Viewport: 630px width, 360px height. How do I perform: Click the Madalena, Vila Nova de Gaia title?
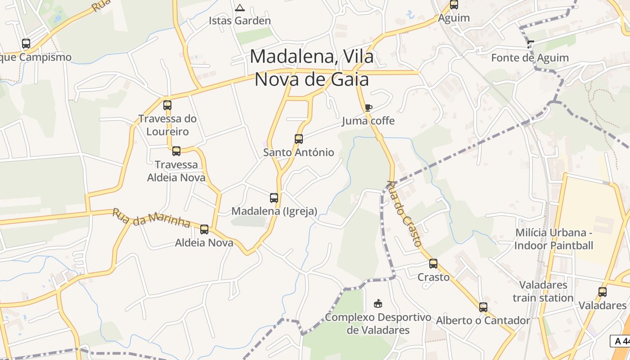tap(311, 67)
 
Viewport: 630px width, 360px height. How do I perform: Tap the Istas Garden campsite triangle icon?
tap(240, 8)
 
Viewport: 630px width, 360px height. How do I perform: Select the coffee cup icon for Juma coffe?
tap(368, 108)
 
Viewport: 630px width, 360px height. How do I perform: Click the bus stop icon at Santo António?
tap(299, 139)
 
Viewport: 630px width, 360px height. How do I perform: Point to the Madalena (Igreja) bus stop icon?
tap(274, 198)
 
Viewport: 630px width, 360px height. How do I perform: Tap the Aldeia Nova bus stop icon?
tap(204, 229)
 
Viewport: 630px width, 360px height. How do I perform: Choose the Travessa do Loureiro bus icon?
tap(167, 105)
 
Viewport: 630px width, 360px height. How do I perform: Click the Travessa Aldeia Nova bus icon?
tap(176, 151)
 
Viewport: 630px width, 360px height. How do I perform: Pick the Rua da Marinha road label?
tap(152, 218)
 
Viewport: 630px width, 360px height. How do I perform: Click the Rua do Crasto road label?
tap(404, 213)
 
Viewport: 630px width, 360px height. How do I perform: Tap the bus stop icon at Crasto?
tap(433, 264)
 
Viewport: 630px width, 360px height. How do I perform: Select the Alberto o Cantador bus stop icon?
tap(483, 307)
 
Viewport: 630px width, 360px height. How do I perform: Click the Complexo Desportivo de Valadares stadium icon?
tap(378, 304)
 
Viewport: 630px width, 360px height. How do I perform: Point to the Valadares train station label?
tap(543, 291)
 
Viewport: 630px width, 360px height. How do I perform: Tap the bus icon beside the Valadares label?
tap(603, 292)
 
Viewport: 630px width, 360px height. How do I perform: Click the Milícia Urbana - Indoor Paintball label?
tap(553, 239)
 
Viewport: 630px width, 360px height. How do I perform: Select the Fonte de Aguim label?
tap(530, 58)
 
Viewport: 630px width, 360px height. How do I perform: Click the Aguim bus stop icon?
tap(454, 5)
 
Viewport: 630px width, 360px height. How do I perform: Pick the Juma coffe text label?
tap(368, 121)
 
